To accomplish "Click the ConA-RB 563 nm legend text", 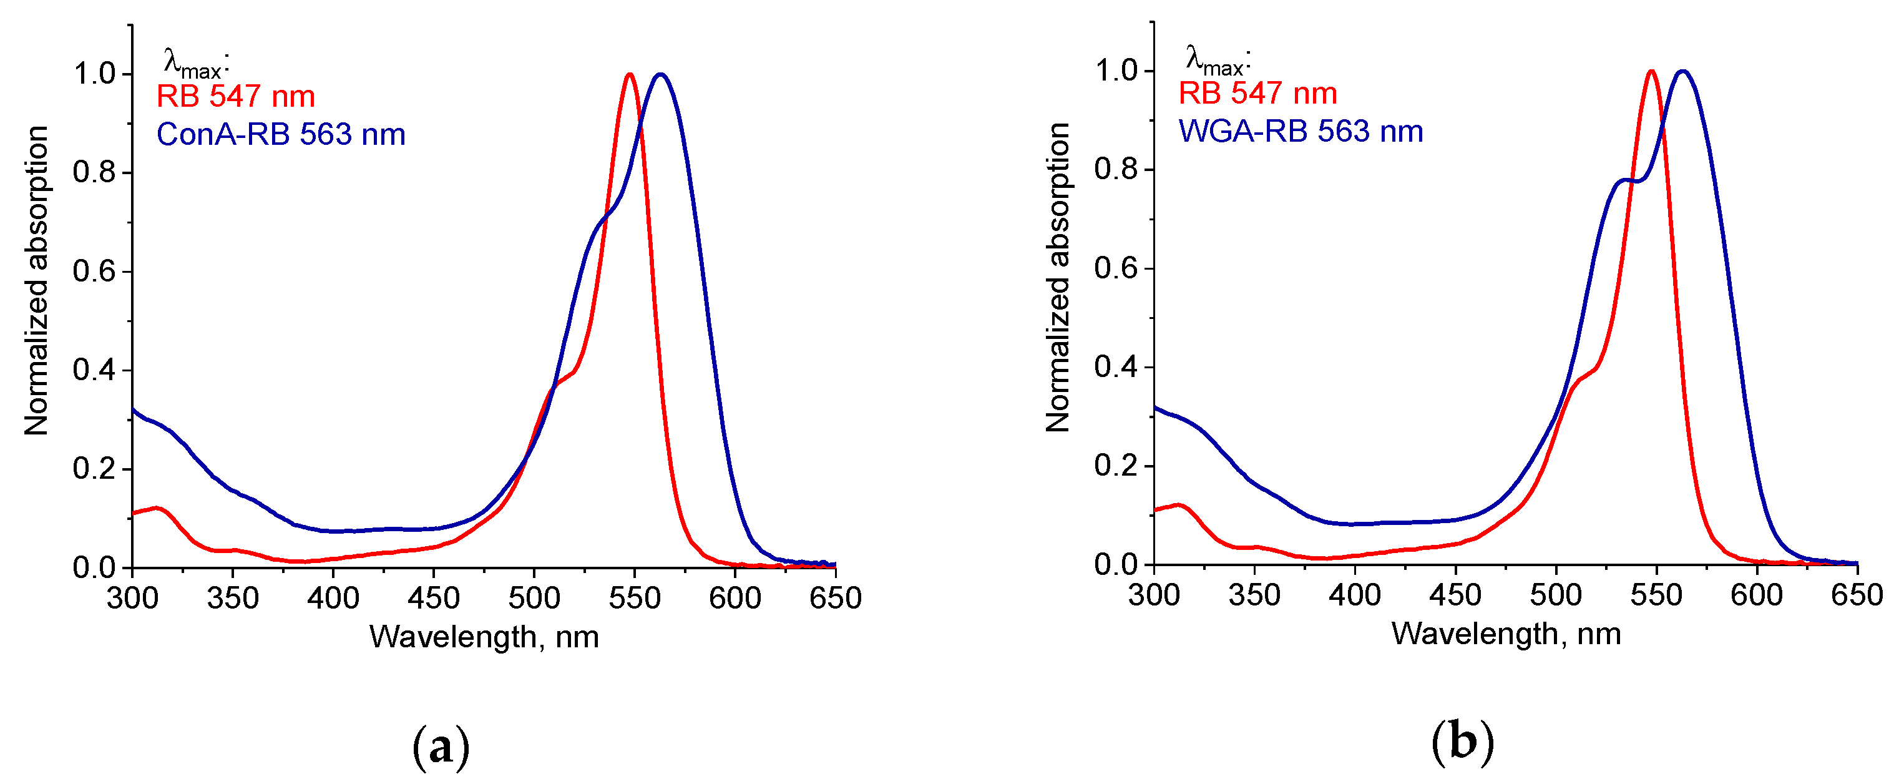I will coord(281,134).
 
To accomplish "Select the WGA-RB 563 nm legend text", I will coord(1301,131).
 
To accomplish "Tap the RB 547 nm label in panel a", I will coord(236,97).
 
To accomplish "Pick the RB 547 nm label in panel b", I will coord(1257,94).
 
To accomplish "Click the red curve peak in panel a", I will coord(629,74).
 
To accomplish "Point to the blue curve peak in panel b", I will coord(1682,72).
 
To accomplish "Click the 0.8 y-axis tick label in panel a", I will coord(94,172).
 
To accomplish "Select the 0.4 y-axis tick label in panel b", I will coord(1116,366).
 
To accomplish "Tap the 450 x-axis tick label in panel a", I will coord(434,597).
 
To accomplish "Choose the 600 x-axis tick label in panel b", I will coord(1757,594).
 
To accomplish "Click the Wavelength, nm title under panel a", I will coord(484,637).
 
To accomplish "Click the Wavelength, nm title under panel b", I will coord(1506,634).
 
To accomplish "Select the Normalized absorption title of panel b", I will coord(1058,277).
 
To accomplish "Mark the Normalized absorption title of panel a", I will coord(36,280).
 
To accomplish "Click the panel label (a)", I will coord(440,747).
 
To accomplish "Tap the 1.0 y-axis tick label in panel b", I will coord(1116,71).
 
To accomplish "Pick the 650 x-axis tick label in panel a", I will coord(835,597).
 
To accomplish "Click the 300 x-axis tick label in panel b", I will coord(1154,594).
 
